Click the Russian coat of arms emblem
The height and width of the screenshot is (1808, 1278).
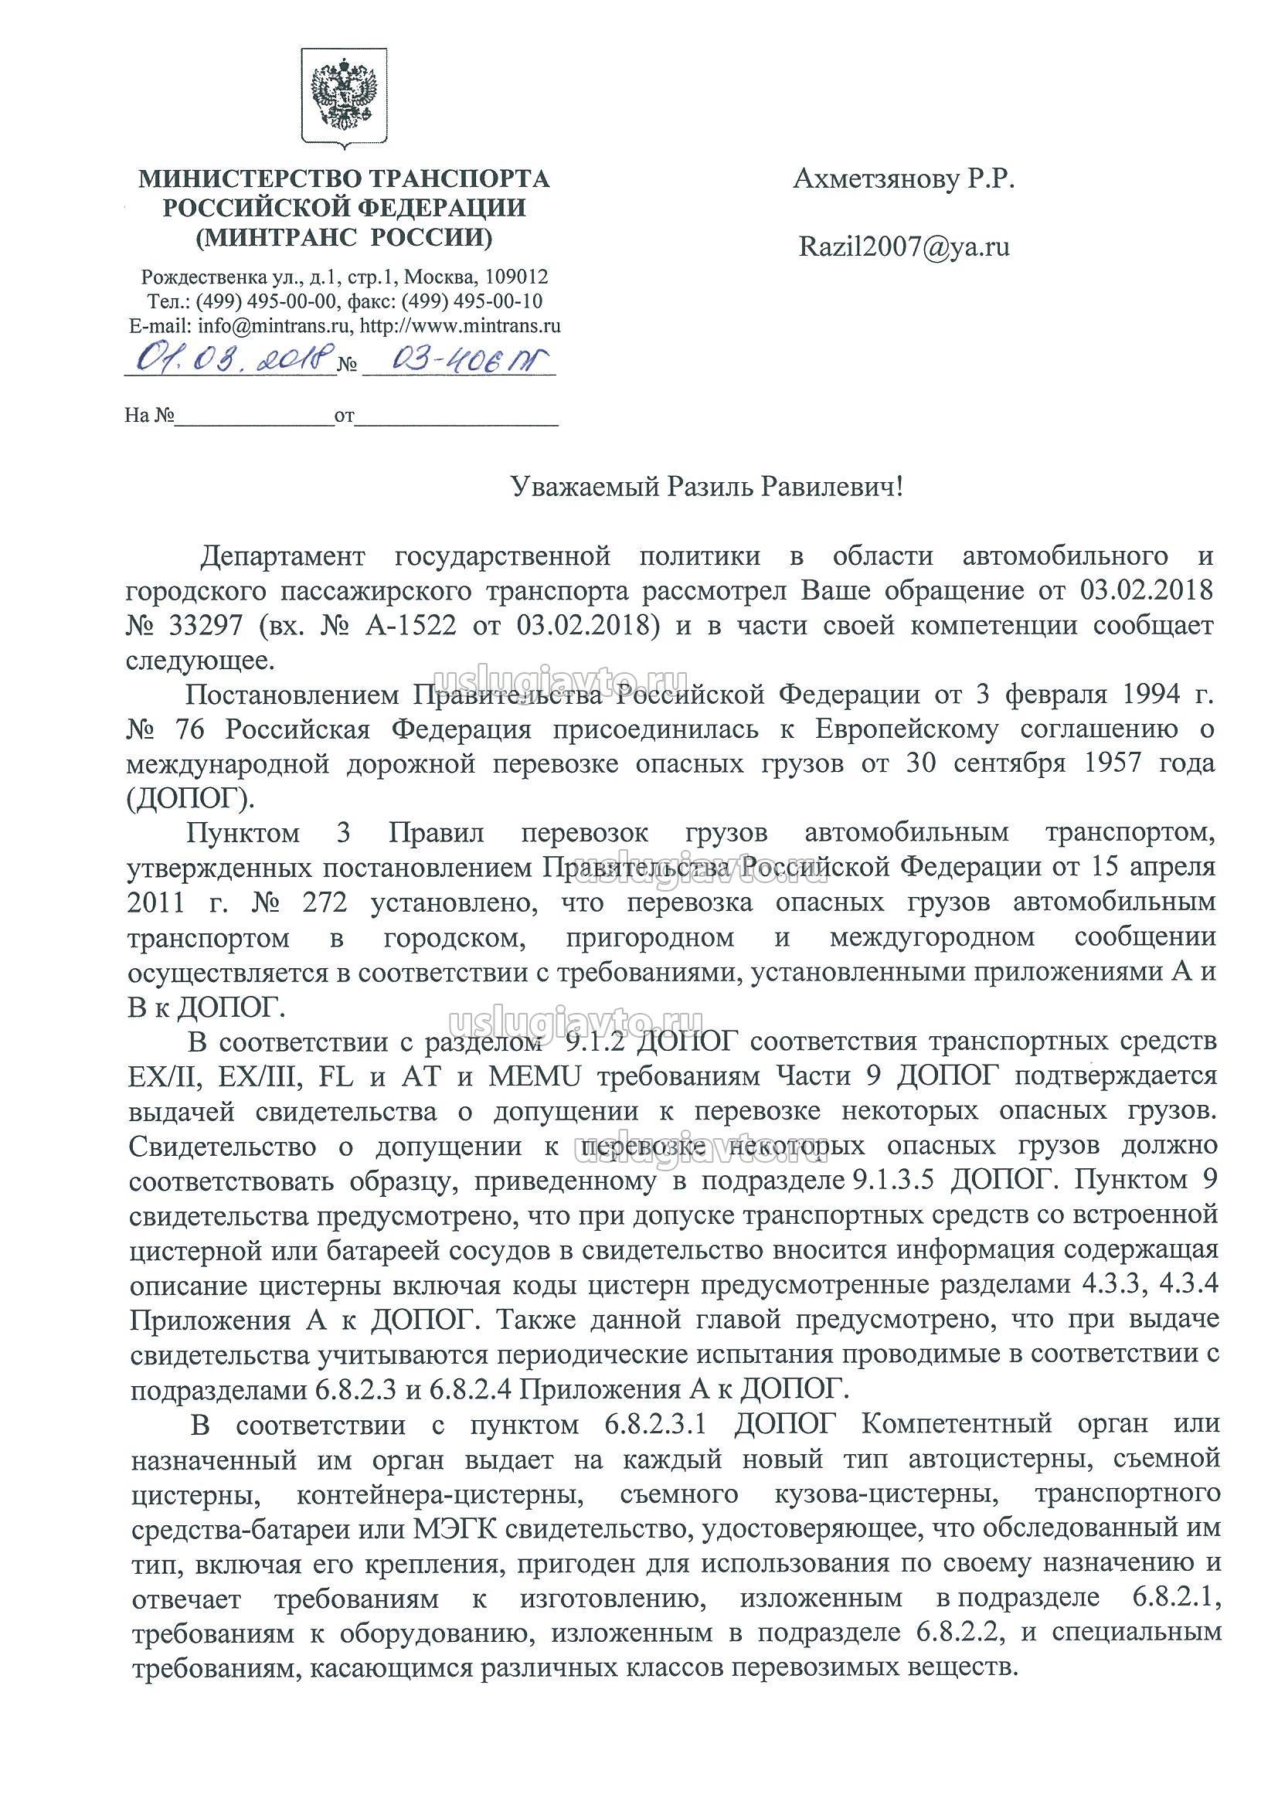pyautogui.click(x=343, y=99)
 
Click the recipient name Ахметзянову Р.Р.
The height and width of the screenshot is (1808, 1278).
pyautogui.click(x=904, y=180)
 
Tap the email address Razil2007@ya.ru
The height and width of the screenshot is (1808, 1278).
pyautogui.click(x=904, y=247)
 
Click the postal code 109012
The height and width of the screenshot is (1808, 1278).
pyautogui.click(x=517, y=277)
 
